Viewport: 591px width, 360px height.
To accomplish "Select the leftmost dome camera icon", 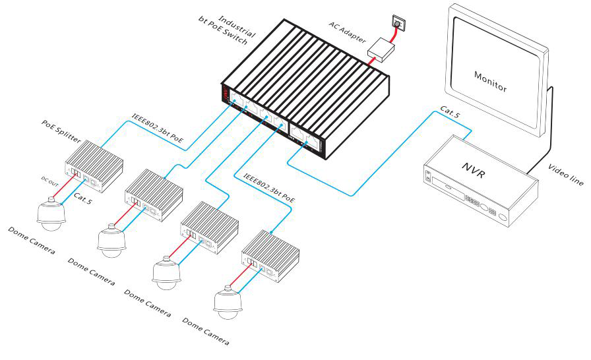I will pos(50,213).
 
